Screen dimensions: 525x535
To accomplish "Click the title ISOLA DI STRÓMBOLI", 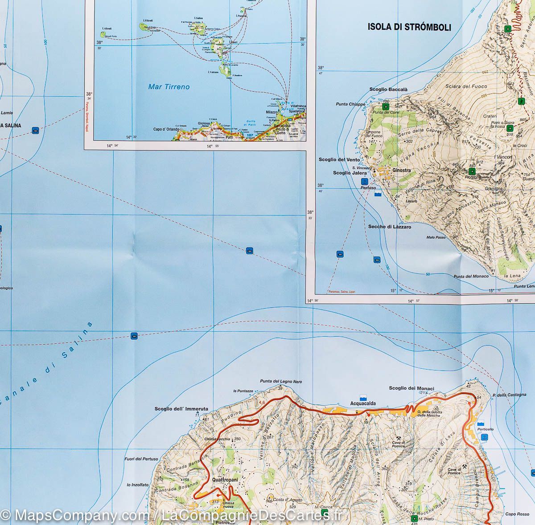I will click(x=409, y=27).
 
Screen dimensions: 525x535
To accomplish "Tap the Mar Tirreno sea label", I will click(x=169, y=87).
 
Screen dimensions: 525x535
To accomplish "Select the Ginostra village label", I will click(x=401, y=170).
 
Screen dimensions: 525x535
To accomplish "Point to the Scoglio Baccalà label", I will click(x=388, y=90).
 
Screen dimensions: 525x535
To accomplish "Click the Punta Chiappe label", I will click(x=350, y=105).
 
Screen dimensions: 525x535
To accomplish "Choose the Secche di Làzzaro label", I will click(x=389, y=227).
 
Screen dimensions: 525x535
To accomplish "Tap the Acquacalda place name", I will click(x=363, y=403).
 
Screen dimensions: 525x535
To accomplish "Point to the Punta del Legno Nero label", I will click(x=281, y=382).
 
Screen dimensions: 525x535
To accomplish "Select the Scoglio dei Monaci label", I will click(x=411, y=388).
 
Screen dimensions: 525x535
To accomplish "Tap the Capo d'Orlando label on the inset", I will click(x=166, y=129).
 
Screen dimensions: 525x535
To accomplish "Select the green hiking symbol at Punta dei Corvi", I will click(x=385, y=107).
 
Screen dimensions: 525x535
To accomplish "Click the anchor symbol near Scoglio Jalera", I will click(x=364, y=181).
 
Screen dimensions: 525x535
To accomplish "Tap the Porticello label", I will click(x=485, y=429).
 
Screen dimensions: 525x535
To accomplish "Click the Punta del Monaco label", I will click(x=471, y=277).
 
